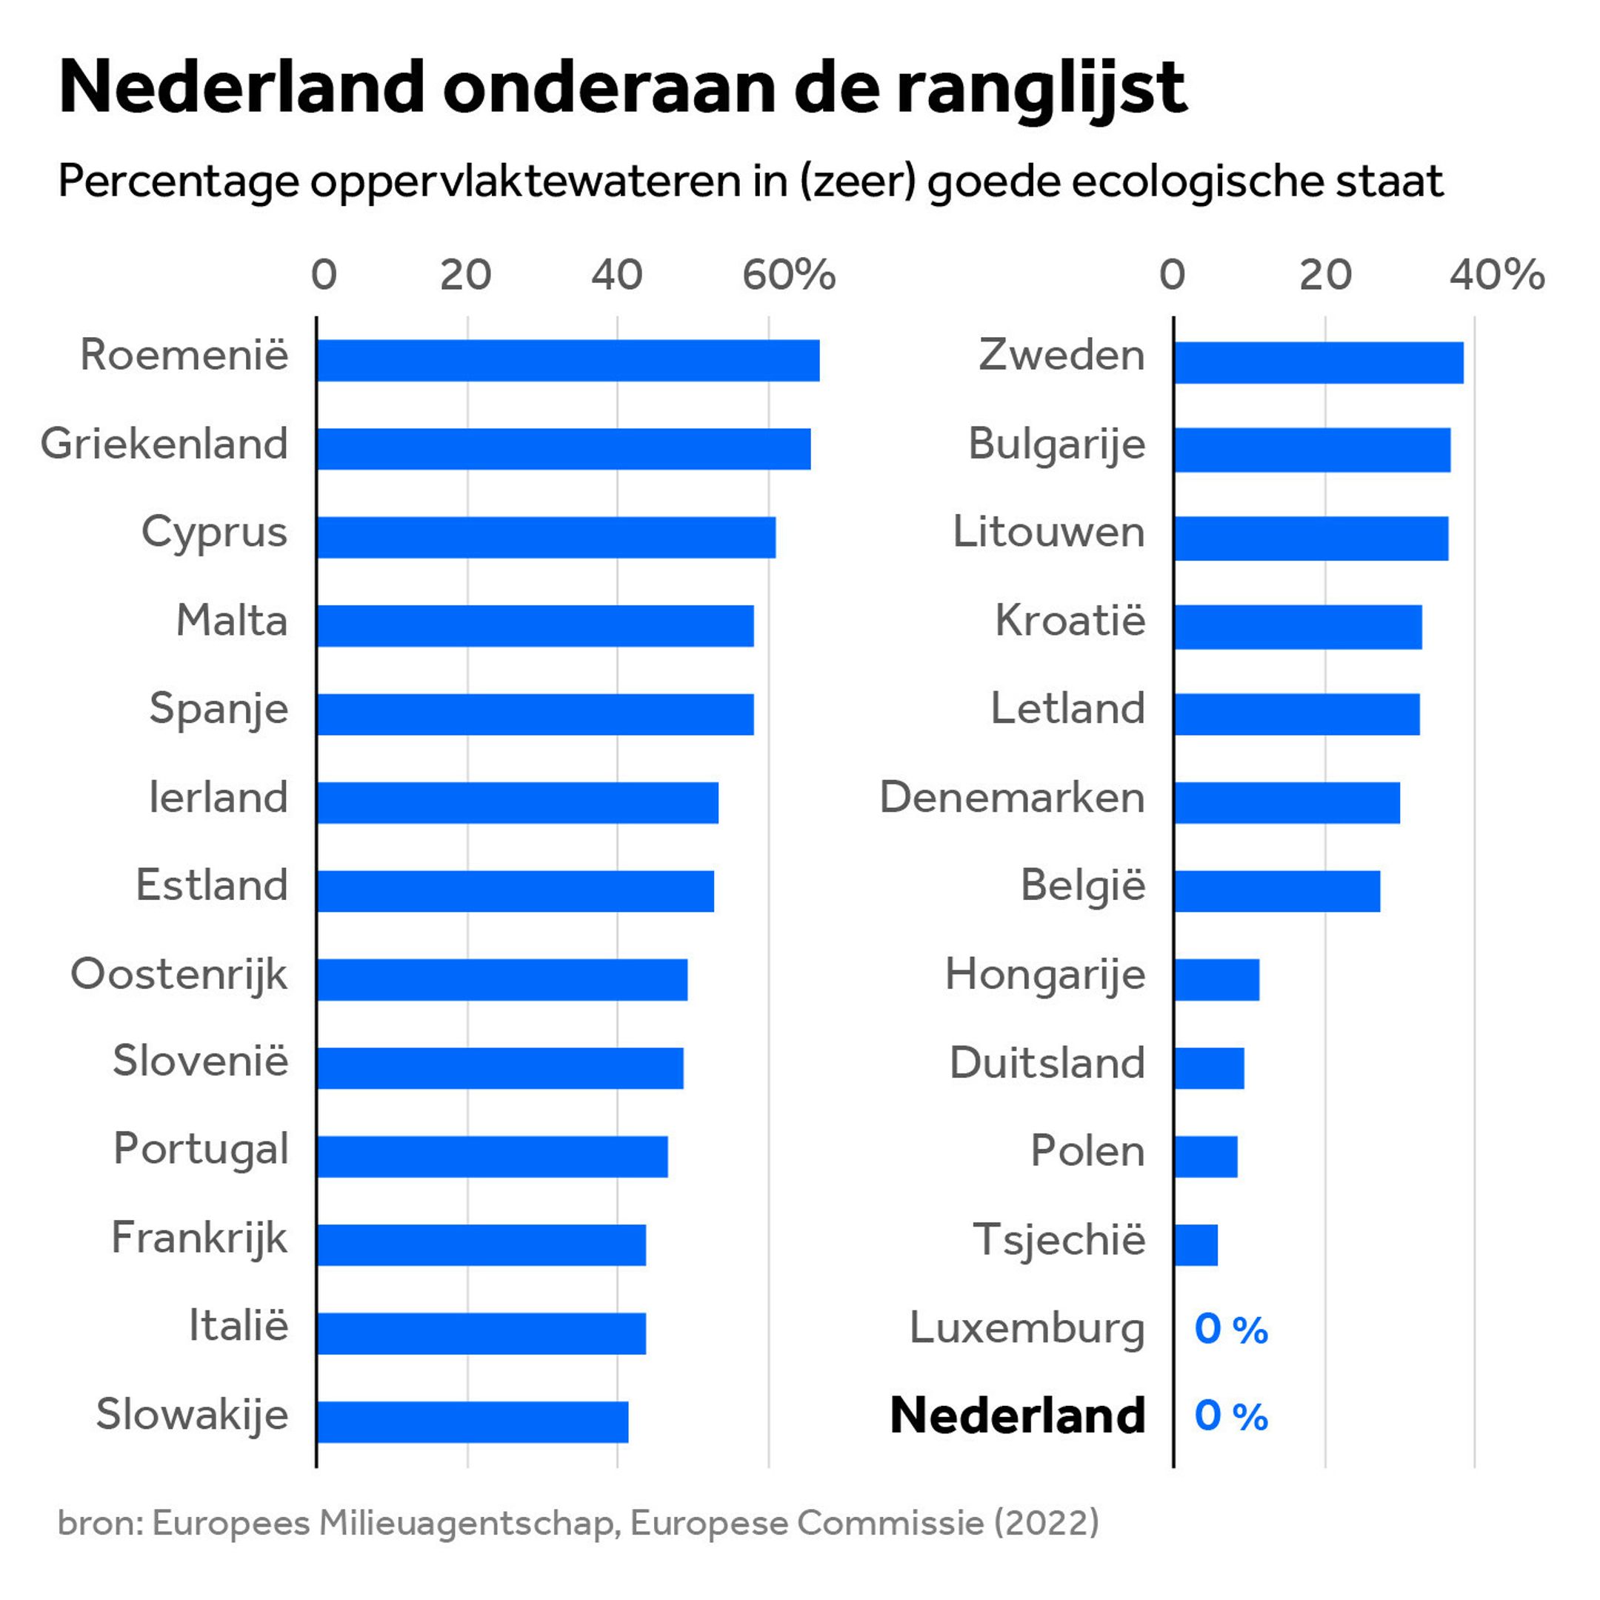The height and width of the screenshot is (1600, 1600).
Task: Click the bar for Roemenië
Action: tap(568, 360)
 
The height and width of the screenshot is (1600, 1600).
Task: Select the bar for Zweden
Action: tap(1319, 363)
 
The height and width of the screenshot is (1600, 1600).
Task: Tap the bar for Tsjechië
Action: tap(1196, 1244)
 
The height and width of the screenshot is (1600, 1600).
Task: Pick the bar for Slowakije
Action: tap(472, 1422)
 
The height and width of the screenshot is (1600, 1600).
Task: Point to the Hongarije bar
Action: tap(1216, 980)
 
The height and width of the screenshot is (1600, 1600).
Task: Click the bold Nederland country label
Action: tap(1018, 1416)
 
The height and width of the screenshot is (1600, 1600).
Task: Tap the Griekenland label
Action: tap(164, 444)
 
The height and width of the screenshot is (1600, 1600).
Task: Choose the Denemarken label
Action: tap(1012, 798)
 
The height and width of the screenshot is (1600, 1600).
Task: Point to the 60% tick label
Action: tap(788, 275)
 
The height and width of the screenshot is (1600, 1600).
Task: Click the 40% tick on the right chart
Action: tap(1496, 275)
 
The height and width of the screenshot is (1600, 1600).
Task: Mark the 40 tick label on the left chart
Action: tap(617, 275)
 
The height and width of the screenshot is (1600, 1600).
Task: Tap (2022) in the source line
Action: tap(1046, 1522)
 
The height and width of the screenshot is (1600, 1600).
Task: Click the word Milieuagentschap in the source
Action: tap(470, 1522)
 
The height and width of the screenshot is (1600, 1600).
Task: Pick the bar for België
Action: tap(1277, 891)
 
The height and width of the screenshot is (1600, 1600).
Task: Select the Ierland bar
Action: tap(518, 802)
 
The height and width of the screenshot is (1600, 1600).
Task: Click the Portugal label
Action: tap(201, 1150)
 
